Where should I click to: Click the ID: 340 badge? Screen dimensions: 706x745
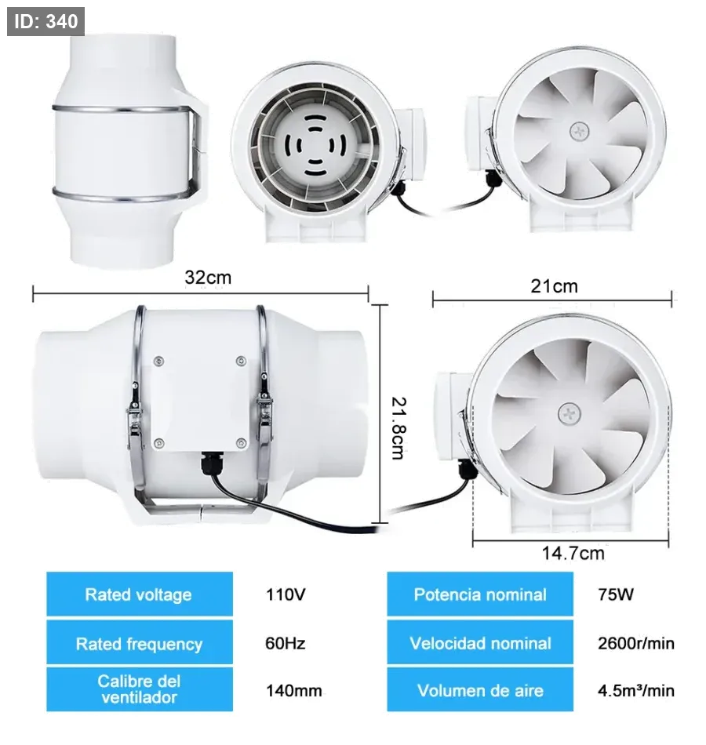45,21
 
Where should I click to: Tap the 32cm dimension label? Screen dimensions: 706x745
208,277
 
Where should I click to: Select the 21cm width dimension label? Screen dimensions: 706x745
554,286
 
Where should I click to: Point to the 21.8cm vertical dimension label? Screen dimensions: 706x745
398,428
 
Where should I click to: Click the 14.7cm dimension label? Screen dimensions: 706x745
573,553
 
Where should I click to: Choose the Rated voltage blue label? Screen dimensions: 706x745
140,594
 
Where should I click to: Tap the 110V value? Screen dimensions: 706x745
286,594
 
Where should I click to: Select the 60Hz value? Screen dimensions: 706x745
286,643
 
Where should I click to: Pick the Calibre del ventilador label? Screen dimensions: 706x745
140,689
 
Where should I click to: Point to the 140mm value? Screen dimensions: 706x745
294,690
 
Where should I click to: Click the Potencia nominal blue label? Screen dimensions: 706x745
480,594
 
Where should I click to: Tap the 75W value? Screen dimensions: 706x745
616,594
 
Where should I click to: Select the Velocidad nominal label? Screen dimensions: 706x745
480,642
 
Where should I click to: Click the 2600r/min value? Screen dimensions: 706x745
636,643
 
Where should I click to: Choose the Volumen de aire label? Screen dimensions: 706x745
480,689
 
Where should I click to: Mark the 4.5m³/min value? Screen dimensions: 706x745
636,690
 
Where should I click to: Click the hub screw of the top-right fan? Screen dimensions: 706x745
580,130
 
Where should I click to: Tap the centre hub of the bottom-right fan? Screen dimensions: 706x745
569,414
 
